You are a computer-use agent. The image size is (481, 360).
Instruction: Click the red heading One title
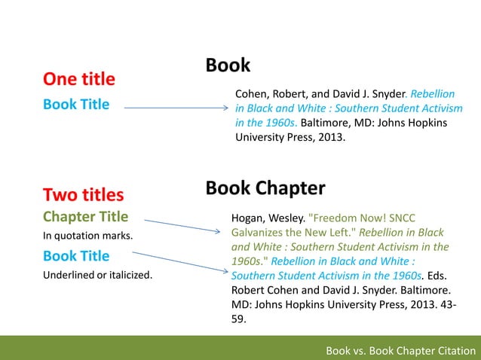78,79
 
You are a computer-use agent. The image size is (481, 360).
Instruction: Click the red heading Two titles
83,195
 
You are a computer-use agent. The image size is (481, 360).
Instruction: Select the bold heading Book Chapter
265,188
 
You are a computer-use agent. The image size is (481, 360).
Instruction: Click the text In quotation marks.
87,236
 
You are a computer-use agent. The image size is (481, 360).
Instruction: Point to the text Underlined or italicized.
97,275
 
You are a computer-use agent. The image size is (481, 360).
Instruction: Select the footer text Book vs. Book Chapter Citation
400,350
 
